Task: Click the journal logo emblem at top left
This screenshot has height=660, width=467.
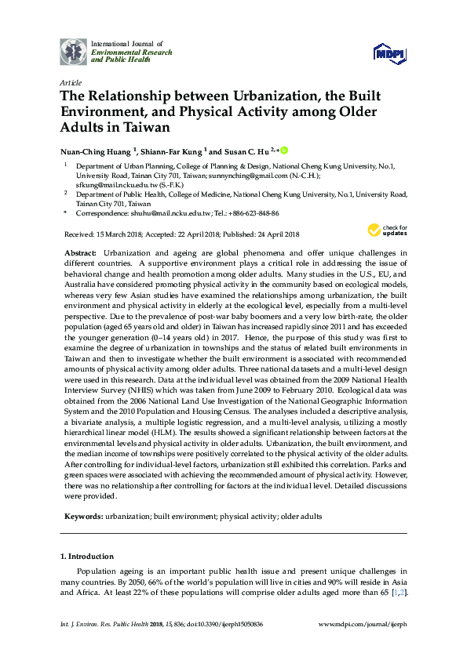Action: pyautogui.click(x=74, y=52)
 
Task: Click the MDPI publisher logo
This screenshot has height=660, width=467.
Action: pyautogui.click(x=391, y=53)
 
